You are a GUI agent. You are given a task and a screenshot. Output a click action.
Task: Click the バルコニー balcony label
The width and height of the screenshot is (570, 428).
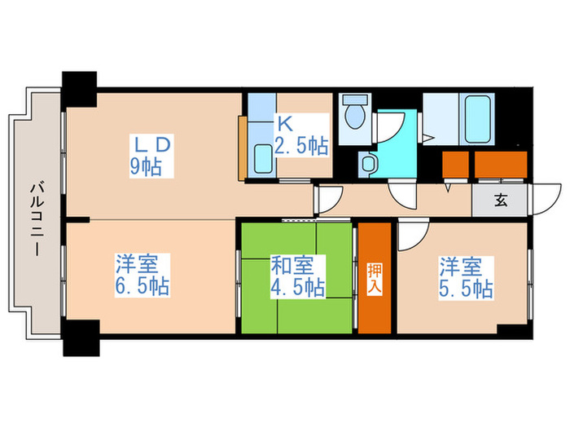point(37,218)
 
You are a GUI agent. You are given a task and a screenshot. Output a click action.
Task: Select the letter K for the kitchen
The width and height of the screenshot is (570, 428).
point(284,126)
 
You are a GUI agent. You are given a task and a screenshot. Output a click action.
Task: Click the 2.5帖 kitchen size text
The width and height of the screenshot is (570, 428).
point(302,147)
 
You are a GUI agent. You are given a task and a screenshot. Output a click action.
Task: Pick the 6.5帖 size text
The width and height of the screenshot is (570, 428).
point(142,287)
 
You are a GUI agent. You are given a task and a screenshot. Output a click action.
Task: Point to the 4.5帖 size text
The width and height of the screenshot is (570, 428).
point(298,287)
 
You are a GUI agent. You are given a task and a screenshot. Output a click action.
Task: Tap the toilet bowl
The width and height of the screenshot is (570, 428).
point(354,116)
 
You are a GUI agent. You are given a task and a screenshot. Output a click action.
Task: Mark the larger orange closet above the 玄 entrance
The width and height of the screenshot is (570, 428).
point(502,165)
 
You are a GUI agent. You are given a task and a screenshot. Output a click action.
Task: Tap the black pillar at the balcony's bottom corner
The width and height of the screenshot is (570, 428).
point(81,338)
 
